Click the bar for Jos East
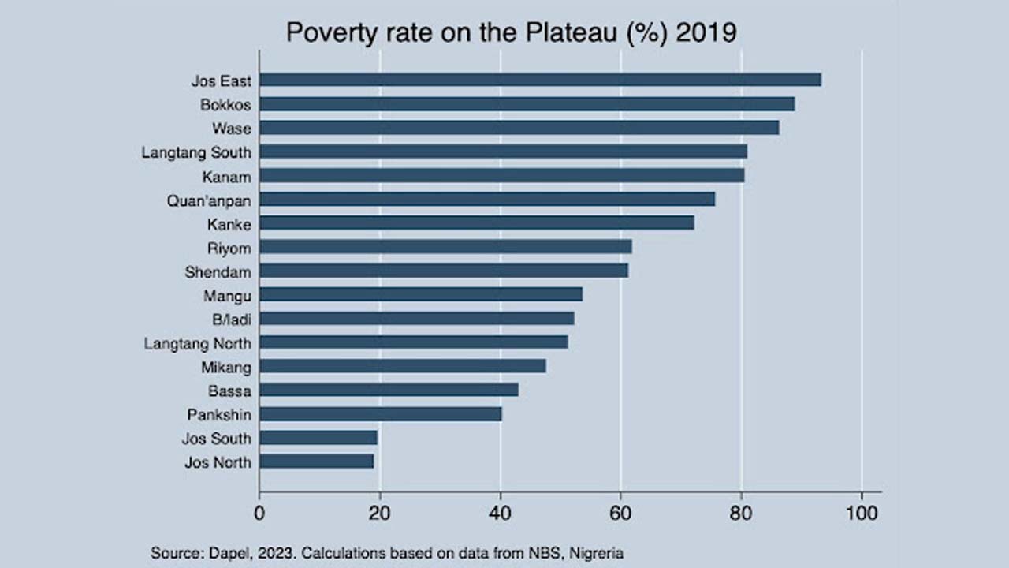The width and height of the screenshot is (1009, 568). point(540,80)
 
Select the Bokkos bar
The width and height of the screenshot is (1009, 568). point(527,104)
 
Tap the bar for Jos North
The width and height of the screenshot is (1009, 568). point(316,461)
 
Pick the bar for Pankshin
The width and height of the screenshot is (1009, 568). point(381,414)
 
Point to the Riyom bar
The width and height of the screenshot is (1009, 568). point(445,247)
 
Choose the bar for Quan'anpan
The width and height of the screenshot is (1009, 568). point(487,199)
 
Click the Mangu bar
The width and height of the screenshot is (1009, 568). point(421,294)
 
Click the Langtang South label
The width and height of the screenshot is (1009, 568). point(196,152)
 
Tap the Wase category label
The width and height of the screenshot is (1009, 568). point(231,129)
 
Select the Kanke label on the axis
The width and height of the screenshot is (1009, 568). point(229,225)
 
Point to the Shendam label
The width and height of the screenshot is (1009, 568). point(218,272)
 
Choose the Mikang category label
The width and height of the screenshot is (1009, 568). point(226,368)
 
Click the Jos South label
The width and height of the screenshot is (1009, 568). point(216,439)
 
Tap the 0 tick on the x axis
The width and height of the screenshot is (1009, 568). point(259,513)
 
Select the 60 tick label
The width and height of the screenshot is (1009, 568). point(620,513)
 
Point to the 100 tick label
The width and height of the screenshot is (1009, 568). point(862,513)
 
